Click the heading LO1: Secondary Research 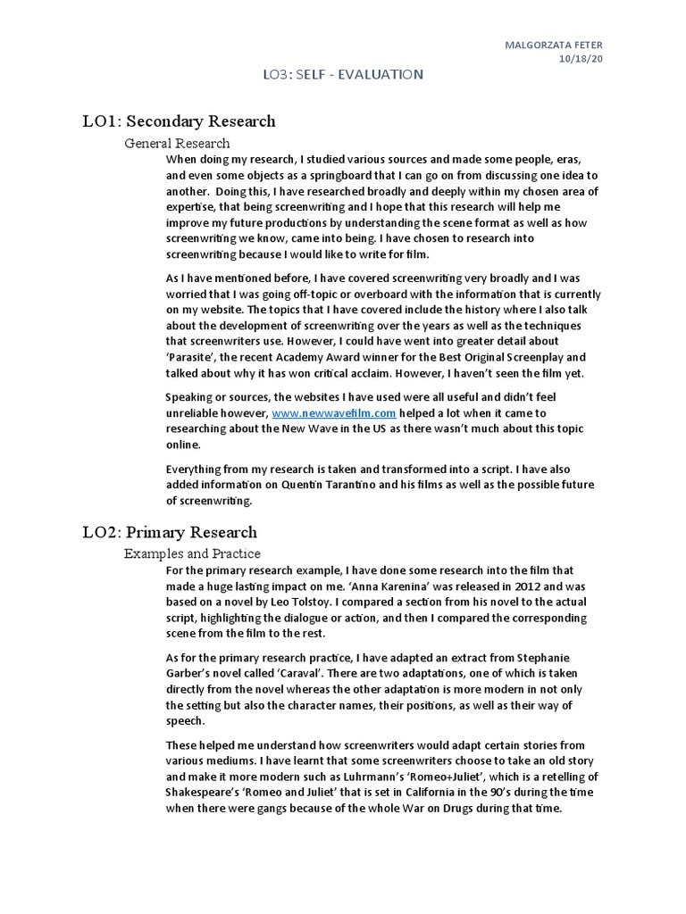tap(178, 121)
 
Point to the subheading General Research tap(177, 143)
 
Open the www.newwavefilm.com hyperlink tap(333, 413)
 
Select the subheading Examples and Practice tap(192, 554)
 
